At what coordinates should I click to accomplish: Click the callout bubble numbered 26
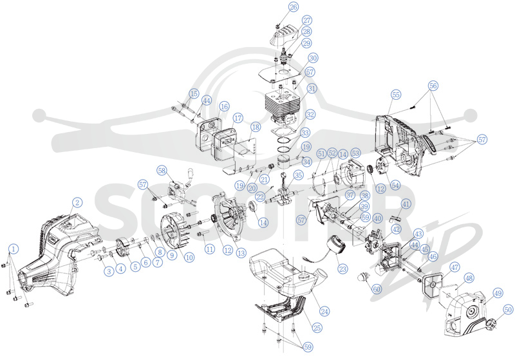click(x=294, y=6)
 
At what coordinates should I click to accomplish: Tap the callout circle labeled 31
click(x=312, y=88)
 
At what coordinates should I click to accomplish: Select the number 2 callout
click(x=77, y=202)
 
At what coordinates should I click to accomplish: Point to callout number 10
click(x=189, y=258)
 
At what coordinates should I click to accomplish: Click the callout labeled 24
click(x=324, y=311)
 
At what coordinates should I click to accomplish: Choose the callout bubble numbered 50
click(x=508, y=309)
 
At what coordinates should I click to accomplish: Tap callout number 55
click(x=396, y=95)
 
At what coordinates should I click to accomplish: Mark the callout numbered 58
click(x=162, y=170)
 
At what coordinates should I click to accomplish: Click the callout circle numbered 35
click(x=298, y=175)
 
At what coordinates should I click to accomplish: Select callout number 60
click(x=377, y=289)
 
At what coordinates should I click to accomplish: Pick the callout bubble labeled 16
click(x=224, y=106)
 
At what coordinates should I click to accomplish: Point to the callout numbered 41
click(x=406, y=204)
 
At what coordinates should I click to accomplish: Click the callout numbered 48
click(x=470, y=278)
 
